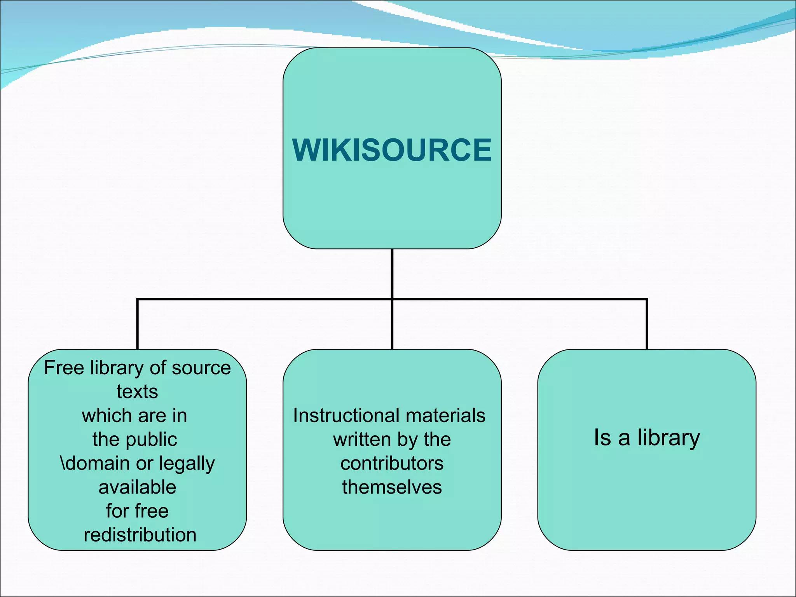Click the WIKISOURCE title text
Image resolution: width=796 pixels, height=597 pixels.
coord(392,150)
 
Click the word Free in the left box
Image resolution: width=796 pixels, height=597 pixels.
coord(64,368)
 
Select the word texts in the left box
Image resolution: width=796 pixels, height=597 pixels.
coord(137,391)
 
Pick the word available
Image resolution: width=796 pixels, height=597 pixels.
coord(137,487)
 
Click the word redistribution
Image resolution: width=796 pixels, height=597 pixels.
coord(140,535)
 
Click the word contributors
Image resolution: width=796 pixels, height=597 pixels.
coord(392,463)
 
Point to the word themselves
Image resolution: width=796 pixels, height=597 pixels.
coord(392,487)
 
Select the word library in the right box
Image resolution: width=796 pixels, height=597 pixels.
coord(668,438)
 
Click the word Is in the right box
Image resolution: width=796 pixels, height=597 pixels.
coord(602,438)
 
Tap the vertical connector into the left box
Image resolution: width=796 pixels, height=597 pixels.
coord(137,325)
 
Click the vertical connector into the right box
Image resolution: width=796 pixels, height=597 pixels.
coord(647,325)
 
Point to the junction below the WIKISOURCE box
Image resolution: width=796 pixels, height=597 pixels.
coord(392,299)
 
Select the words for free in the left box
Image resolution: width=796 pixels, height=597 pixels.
coord(137,511)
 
